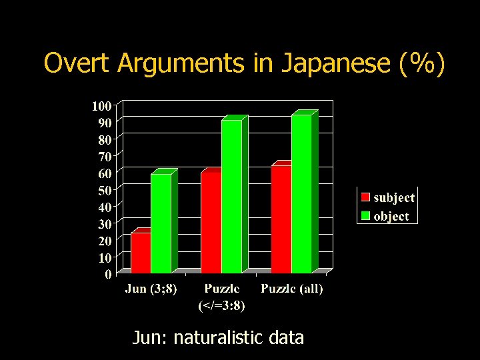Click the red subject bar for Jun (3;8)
[x=141, y=253]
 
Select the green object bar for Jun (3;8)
[x=161, y=223]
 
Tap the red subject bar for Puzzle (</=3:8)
[x=211, y=223]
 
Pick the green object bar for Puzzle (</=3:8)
[x=231, y=197]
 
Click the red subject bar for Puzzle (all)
[x=281, y=219]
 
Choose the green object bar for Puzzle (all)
[x=301, y=194]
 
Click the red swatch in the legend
[x=365, y=197]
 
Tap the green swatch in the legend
[x=365, y=216]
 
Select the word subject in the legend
[x=394, y=198]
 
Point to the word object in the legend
[x=391, y=217]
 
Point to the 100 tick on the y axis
[x=101, y=105]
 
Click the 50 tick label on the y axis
[x=105, y=190]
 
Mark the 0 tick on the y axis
[x=108, y=274]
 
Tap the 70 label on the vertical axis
[x=105, y=156]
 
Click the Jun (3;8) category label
[x=151, y=289]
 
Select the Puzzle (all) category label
[x=291, y=289]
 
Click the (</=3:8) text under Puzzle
[x=222, y=306]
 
